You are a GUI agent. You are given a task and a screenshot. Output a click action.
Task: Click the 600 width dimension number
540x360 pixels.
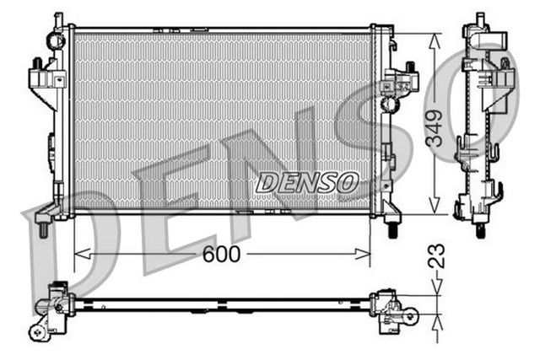pyautogui.click(x=220, y=253)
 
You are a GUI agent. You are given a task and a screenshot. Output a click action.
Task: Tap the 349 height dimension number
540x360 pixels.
pyautogui.click(x=435, y=126)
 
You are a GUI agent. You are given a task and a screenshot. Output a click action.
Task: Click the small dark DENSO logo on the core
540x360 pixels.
pyautogui.click(x=307, y=181)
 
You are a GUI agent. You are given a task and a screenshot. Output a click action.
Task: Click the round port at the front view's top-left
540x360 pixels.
pyautogui.click(x=57, y=40)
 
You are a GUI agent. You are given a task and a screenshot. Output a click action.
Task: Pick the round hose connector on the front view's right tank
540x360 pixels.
pyautogui.click(x=389, y=105)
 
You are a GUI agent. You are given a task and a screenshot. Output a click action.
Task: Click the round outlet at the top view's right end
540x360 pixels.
pyautogui.click(x=409, y=317)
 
